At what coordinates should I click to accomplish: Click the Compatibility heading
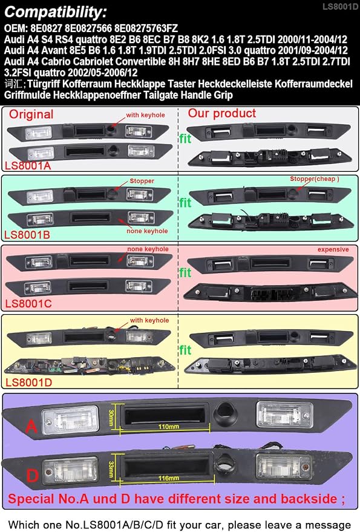pos(55,13)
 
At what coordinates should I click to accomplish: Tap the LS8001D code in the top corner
pos(340,7)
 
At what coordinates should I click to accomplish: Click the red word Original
pos(31,114)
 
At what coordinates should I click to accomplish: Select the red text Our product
pos(222,113)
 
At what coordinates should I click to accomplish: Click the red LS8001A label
pos(27,166)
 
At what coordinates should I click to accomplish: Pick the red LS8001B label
pos(27,235)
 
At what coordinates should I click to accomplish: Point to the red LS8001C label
pos(28,303)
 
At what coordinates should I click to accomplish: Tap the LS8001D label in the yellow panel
pos(29,383)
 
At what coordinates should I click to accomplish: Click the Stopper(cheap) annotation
pos(314,179)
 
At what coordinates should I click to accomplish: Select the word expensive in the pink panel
pos(333,249)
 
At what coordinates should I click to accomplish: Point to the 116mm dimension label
pos(168,478)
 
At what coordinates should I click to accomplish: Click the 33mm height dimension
pos(111,469)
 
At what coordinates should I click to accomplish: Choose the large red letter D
pos(32,476)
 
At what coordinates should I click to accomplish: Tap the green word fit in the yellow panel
pos(185,350)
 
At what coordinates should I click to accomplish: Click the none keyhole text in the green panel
pos(147,231)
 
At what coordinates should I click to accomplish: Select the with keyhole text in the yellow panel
pos(149,320)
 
